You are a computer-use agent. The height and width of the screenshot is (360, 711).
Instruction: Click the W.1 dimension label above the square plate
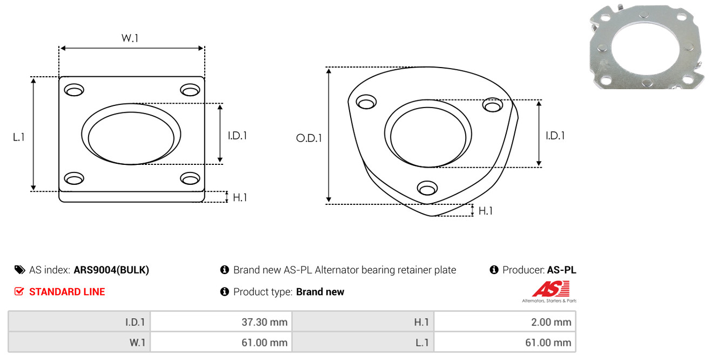click(x=130, y=38)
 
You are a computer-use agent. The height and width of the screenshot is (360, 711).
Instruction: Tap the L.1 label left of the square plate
click(x=19, y=137)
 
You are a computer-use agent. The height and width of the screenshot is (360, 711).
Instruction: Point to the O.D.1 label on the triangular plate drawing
click(x=309, y=138)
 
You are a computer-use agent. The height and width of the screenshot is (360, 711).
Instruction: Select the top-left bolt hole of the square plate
click(x=74, y=90)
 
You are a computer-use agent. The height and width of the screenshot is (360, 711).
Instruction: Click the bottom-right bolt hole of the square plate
click(x=190, y=178)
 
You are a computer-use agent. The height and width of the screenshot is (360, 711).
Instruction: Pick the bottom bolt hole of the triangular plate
click(x=427, y=188)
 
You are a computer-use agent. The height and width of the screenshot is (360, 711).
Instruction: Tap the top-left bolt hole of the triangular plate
click(x=366, y=102)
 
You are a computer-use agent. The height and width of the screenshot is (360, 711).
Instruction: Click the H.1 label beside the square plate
click(x=240, y=197)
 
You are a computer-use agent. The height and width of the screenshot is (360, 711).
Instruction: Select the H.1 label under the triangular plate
click(x=485, y=211)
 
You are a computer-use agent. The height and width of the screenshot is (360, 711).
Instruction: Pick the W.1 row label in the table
click(x=137, y=343)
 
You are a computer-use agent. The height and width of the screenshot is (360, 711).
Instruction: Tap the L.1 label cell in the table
click(x=422, y=343)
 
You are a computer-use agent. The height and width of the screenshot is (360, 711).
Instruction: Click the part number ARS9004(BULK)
click(x=111, y=270)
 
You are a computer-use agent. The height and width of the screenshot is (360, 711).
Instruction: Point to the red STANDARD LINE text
click(x=67, y=292)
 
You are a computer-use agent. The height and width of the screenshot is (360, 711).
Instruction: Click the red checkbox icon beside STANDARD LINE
click(x=19, y=291)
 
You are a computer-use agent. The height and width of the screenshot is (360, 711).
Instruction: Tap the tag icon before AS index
click(x=19, y=270)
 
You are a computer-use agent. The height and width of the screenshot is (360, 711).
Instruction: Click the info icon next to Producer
click(x=494, y=270)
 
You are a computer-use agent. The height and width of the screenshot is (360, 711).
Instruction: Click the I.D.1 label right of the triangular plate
click(x=555, y=136)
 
